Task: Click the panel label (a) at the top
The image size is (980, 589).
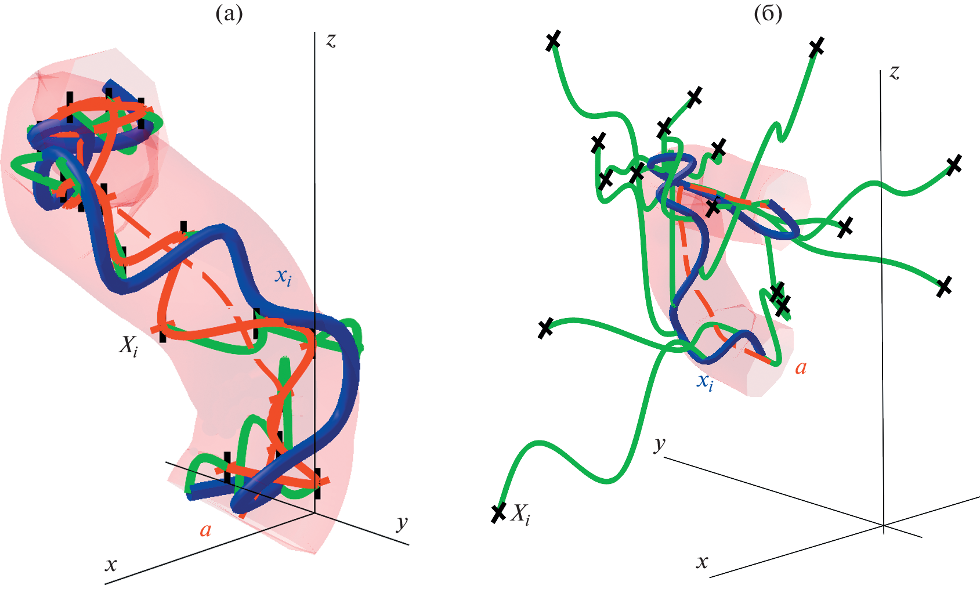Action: point(229,14)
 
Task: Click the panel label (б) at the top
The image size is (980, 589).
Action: point(768,14)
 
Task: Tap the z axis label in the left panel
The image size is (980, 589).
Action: point(331,40)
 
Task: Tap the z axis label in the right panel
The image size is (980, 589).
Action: point(894,73)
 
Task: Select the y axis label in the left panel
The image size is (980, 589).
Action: point(402,523)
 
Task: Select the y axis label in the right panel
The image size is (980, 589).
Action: point(660,445)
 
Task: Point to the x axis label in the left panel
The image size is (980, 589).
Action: point(111,565)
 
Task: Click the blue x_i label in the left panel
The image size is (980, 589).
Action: point(283,277)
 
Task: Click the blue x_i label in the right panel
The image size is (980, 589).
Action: point(705,382)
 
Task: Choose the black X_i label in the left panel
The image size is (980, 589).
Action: point(129,348)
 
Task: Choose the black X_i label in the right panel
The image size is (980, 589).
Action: point(520,514)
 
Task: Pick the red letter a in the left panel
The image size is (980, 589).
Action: point(205,530)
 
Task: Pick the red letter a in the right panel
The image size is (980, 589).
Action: point(801,368)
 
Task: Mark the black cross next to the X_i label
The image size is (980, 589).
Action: point(498,513)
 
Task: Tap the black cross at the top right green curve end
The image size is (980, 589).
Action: point(816,47)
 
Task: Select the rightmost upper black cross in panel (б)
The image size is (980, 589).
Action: point(954,165)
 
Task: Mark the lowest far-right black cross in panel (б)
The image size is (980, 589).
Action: point(944,287)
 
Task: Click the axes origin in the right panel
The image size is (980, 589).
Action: point(883,525)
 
